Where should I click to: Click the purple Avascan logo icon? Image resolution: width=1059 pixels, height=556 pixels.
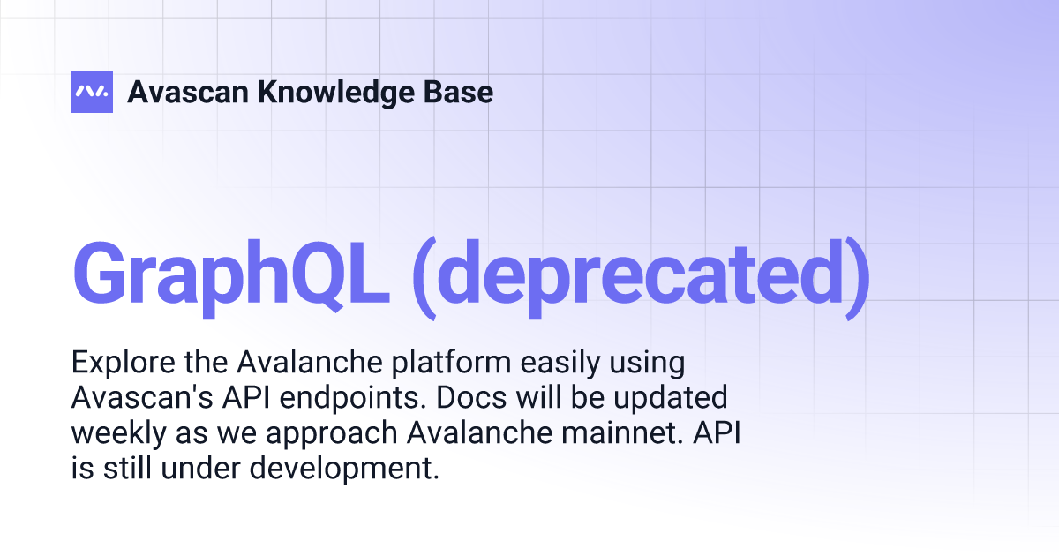(92, 91)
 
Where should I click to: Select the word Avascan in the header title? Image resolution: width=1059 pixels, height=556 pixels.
(186, 91)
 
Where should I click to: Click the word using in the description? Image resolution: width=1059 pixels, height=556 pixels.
(640, 363)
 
